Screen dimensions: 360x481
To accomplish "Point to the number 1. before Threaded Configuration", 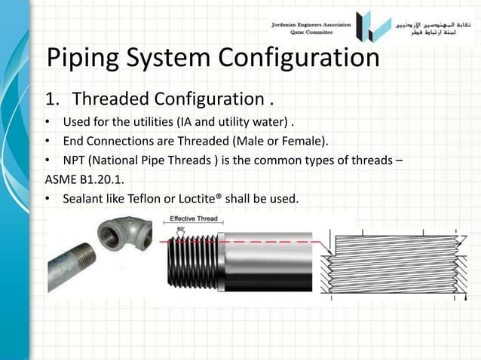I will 54,99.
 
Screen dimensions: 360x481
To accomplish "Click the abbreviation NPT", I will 76,160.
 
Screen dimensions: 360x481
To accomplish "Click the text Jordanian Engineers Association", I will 311,24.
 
